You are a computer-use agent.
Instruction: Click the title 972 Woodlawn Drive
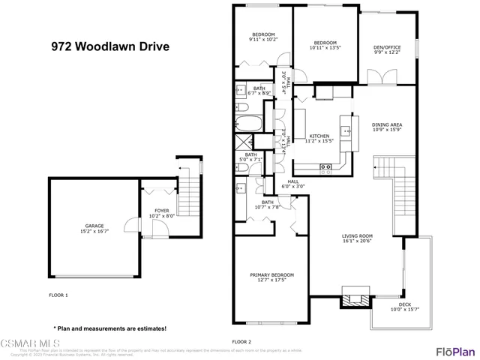pos(109,46)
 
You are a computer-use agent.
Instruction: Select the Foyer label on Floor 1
pos(162,213)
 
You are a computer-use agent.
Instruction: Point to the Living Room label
pos(357,238)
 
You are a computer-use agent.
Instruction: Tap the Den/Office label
pos(387,50)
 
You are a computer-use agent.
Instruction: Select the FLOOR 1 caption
pos(58,295)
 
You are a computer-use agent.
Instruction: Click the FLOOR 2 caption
pos(241,341)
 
